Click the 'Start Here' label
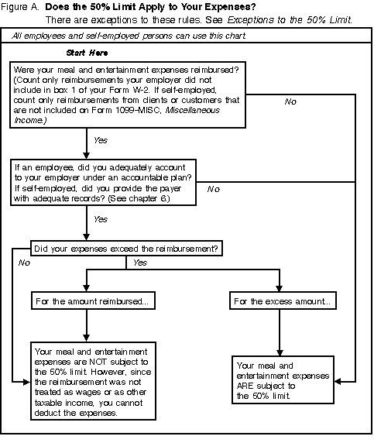pyautogui.click(x=87, y=53)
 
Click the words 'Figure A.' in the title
pyautogui.click(x=20, y=7)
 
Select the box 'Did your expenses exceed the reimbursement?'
pyautogui.click(x=126, y=249)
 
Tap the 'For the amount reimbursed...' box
pyautogui.click(x=93, y=301)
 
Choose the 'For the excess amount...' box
pyautogui.click(x=283, y=301)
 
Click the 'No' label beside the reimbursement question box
pyautogui.click(x=290, y=101)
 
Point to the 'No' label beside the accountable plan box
pyautogui.click(x=213, y=189)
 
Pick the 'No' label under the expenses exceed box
pyautogui.click(x=24, y=263)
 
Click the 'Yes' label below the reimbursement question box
pyautogui.click(x=101, y=140)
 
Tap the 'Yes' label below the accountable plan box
pyautogui.click(x=101, y=219)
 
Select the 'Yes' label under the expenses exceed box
pyautogui.click(x=140, y=263)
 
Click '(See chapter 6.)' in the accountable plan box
pyautogui.click(x=139, y=198)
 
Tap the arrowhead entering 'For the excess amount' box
pyautogui.click(x=280, y=288)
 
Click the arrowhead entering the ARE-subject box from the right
pyautogui.click(x=338, y=381)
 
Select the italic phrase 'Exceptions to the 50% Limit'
pyautogui.click(x=290, y=20)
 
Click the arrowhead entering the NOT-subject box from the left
pyautogui.click(x=27, y=383)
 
